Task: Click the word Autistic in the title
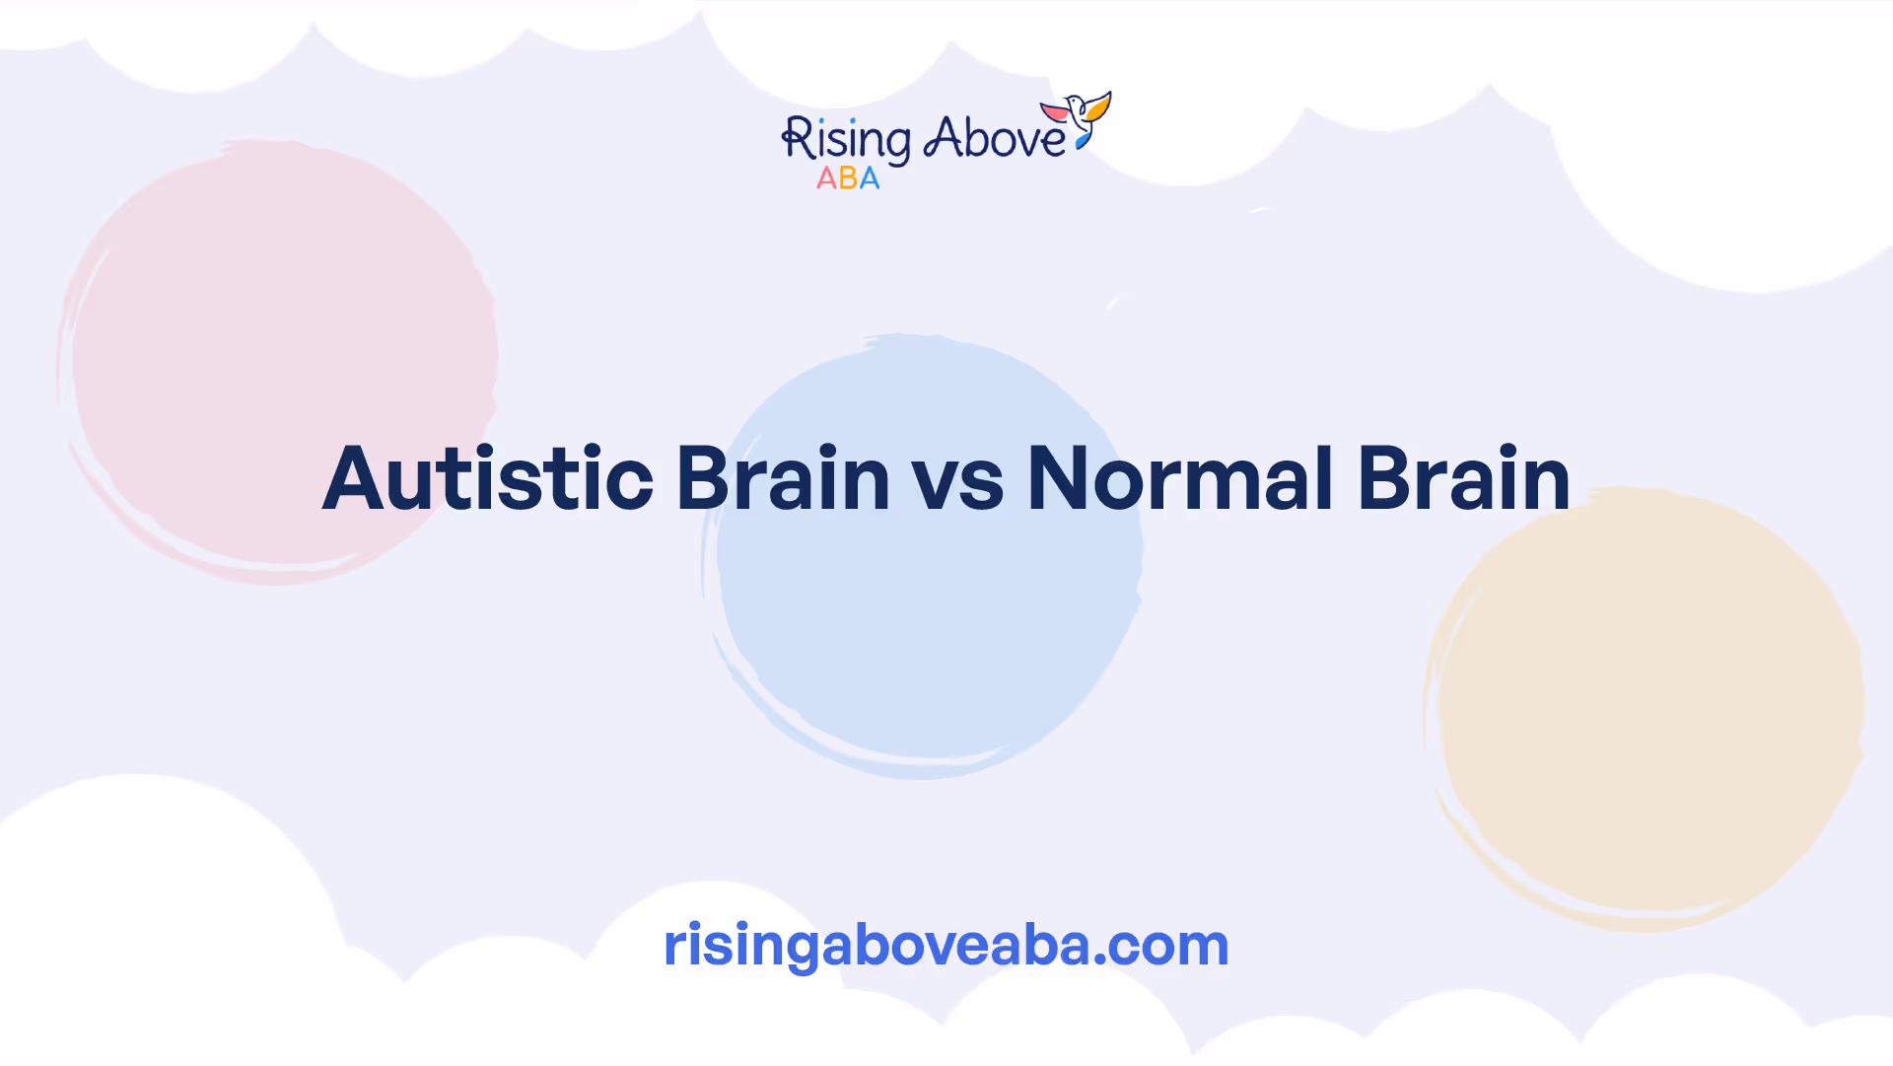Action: pyautogui.click(x=488, y=478)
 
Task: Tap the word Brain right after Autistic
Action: pyautogui.click(x=783, y=478)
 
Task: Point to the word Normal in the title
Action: pyautogui.click(x=1180, y=478)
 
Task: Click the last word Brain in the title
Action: pyautogui.click(x=1464, y=478)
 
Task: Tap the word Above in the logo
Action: pyautogui.click(x=994, y=138)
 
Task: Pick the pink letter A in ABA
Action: pyautogui.click(x=826, y=178)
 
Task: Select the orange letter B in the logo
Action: pyautogui.click(x=848, y=178)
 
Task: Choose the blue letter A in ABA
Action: pyautogui.click(x=869, y=178)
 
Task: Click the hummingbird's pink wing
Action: pyautogui.click(x=1055, y=111)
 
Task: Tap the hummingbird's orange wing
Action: pyautogui.click(x=1097, y=106)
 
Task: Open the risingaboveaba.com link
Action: pyautogui.click(x=946, y=945)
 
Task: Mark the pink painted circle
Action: pyautogui.click(x=278, y=361)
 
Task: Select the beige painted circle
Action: pyautogui.click(x=1644, y=709)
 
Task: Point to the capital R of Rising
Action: pyautogui.click(x=797, y=138)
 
